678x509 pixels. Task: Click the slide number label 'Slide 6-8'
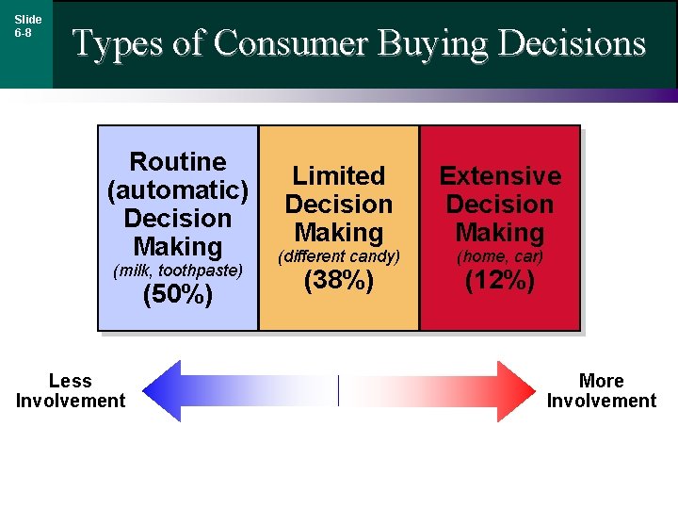(27, 25)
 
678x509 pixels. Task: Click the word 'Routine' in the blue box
(178, 161)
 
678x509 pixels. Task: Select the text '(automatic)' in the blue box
(178, 189)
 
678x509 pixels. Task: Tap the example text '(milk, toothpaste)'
(178, 271)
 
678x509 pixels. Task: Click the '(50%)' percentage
(178, 295)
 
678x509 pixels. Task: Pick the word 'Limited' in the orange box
(339, 175)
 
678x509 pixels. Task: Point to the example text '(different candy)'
(339, 256)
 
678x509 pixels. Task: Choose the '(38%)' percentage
(339, 281)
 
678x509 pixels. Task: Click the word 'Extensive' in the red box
(500, 175)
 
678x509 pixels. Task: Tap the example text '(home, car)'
(500, 256)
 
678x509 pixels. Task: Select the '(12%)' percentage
(500, 281)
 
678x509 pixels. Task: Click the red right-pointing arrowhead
(516, 390)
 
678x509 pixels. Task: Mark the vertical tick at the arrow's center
(338, 390)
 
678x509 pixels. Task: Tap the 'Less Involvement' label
(71, 390)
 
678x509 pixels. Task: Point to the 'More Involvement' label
(602, 390)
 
